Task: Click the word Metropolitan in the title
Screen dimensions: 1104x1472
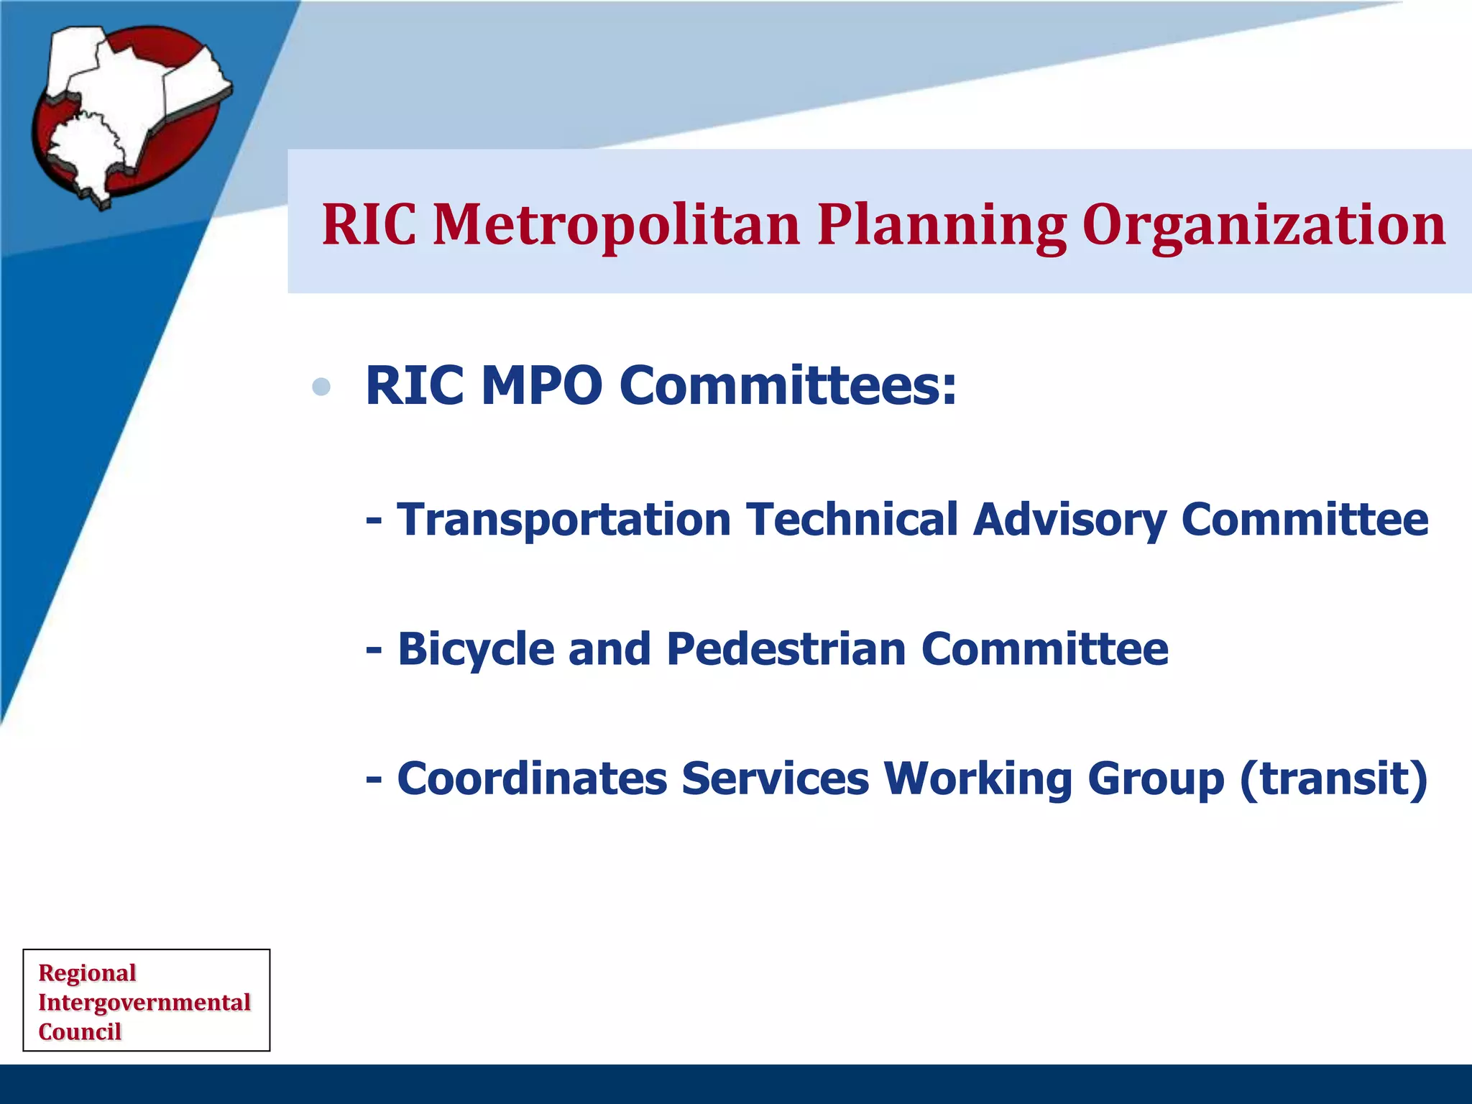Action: pyautogui.click(x=616, y=225)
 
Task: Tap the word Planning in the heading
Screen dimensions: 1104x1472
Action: pyautogui.click(x=942, y=225)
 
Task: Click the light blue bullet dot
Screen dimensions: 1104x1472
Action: pyautogui.click(x=321, y=387)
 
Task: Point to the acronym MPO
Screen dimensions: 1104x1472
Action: pyautogui.click(x=541, y=386)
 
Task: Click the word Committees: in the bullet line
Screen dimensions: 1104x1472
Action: pyautogui.click(x=788, y=386)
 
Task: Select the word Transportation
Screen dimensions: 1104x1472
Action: pyautogui.click(x=563, y=520)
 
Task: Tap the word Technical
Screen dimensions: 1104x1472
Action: pyautogui.click(x=852, y=519)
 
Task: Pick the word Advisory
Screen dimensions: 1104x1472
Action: pyautogui.click(x=1069, y=520)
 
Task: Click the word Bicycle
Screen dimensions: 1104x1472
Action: pyautogui.click(x=476, y=649)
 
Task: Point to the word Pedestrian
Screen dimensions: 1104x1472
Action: pyautogui.click(x=786, y=649)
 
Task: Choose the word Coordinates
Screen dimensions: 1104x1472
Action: pyautogui.click(x=532, y=778)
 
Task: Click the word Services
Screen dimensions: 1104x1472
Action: pyautogui.click(x=775, y=778)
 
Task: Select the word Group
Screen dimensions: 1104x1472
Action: pyautogui.click(x=1155, y=780)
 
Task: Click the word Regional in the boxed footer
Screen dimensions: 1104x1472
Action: pyautogui.click(x=87, y=973)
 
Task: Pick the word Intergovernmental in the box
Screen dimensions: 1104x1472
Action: pyautogui.click(x=144, y=1003)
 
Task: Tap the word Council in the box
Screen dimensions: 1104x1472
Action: pyautogui.click(x=80, y=1032)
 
